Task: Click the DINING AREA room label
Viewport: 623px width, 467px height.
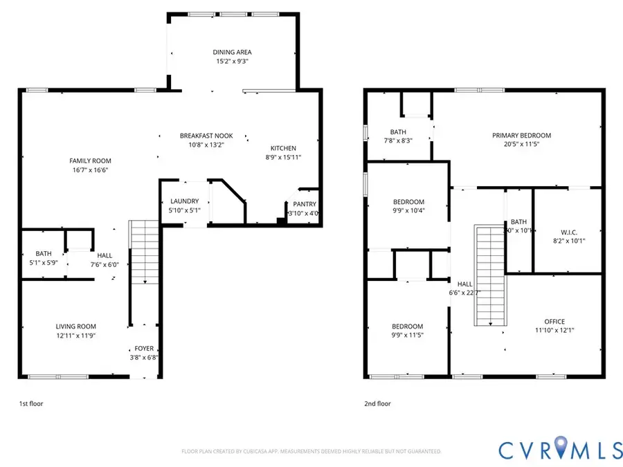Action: point(231,52)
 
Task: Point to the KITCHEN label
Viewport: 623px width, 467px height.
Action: point(283,148)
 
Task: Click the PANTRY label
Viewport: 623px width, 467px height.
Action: point(305,204)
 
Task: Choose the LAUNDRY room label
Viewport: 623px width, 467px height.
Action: point(185,201)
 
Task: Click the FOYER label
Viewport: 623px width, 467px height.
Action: point(144,349)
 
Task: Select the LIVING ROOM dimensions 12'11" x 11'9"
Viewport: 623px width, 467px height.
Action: point(76,336)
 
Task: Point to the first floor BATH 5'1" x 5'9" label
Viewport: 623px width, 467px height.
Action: point(44,253)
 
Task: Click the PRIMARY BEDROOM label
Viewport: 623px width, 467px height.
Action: point(521,136)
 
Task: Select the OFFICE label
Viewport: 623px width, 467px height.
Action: point(554,321)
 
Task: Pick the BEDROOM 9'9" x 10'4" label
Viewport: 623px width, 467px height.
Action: point(407,201)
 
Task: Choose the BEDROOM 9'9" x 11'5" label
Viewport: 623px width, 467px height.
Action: point(407,327)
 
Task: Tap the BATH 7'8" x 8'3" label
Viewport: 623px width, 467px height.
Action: point(398,131)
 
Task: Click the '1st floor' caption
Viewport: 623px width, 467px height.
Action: point(31,403)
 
